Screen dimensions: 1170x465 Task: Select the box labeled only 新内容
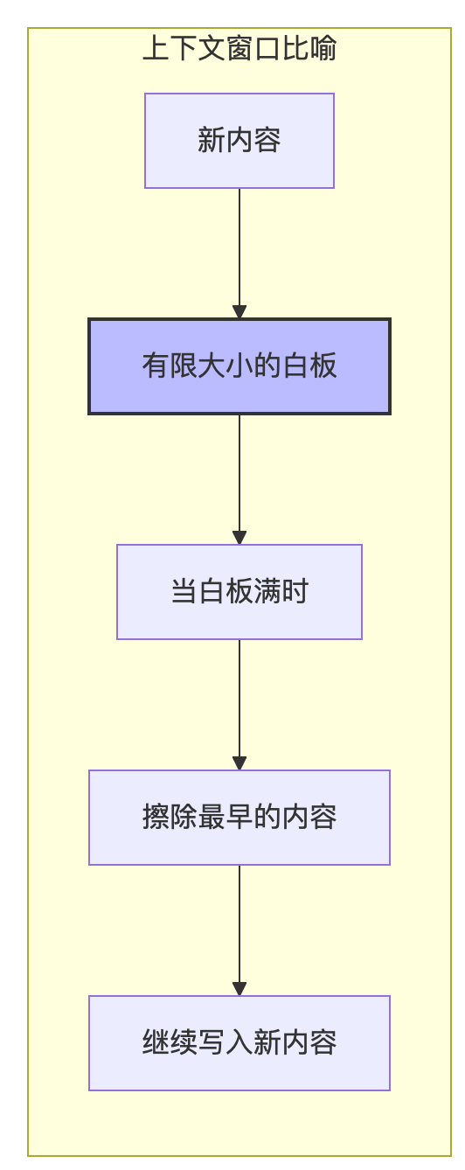click(239, 141)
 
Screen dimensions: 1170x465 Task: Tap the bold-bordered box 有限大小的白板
click(239, 366)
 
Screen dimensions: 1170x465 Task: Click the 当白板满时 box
click(239, 592)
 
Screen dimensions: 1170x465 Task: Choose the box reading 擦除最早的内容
click(239, 818)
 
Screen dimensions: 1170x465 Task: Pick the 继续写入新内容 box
click(239, 1043)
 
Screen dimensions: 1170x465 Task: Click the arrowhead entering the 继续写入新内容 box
click(239, 988)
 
